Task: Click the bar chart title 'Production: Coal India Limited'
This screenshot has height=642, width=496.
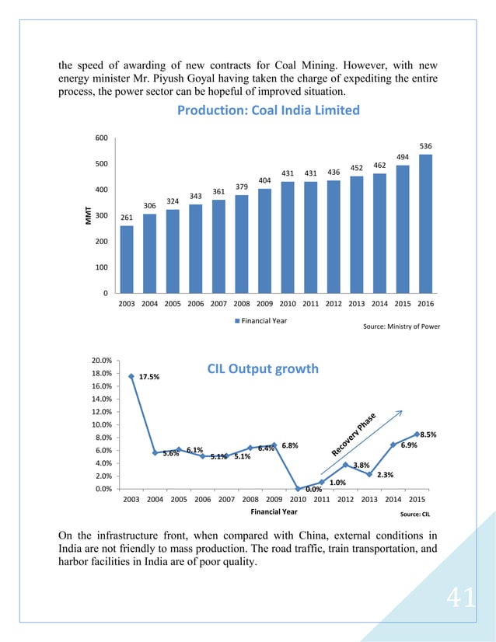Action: click(x=268, y=110)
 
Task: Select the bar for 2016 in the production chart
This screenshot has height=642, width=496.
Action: click(x=425, y=223)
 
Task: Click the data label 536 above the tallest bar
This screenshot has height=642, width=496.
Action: click(x=425, y=145)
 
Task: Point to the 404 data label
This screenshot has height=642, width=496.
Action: click(x=264, y=180)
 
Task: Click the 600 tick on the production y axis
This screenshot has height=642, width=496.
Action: click(x=101, y=138)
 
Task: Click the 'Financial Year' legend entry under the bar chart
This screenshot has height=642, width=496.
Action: click(x=264, y=319)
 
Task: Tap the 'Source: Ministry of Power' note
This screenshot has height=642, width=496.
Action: click(x=401, y=326)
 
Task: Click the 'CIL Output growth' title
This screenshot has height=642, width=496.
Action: click(x=263, y=368)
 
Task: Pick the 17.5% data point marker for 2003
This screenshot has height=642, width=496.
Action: click(x=131, y=376)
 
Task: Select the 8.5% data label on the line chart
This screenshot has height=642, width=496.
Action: click(x=428, y=436)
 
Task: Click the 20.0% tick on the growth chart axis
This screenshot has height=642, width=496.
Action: click(x=102, y=361)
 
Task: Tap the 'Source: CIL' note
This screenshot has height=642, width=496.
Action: click(x=416, y=515)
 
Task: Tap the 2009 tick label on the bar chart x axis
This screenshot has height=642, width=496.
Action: click(x=264, y=305)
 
